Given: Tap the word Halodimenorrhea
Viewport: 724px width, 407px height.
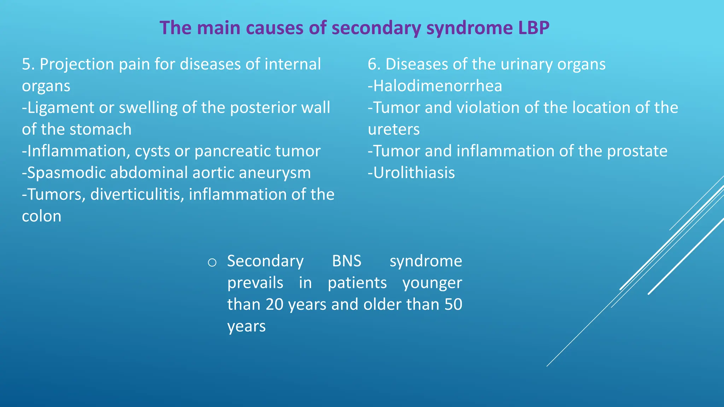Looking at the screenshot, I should coord(437,86).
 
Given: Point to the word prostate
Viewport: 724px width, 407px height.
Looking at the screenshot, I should coord(637,151).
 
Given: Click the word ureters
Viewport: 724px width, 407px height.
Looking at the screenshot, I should coord(393,129).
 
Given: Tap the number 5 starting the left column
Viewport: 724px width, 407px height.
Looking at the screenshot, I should coord(26,64).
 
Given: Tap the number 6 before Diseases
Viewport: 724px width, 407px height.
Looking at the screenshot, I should coord(372,64).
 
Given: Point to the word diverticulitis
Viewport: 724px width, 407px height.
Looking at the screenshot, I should coord(137,195).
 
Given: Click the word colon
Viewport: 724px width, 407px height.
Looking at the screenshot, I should coord(41,216).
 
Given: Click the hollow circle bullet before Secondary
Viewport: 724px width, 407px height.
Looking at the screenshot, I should coord(212,263).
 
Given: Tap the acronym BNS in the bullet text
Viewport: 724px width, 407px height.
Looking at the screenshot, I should coord(346,261).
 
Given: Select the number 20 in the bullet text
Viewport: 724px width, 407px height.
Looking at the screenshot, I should coord(274,305).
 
